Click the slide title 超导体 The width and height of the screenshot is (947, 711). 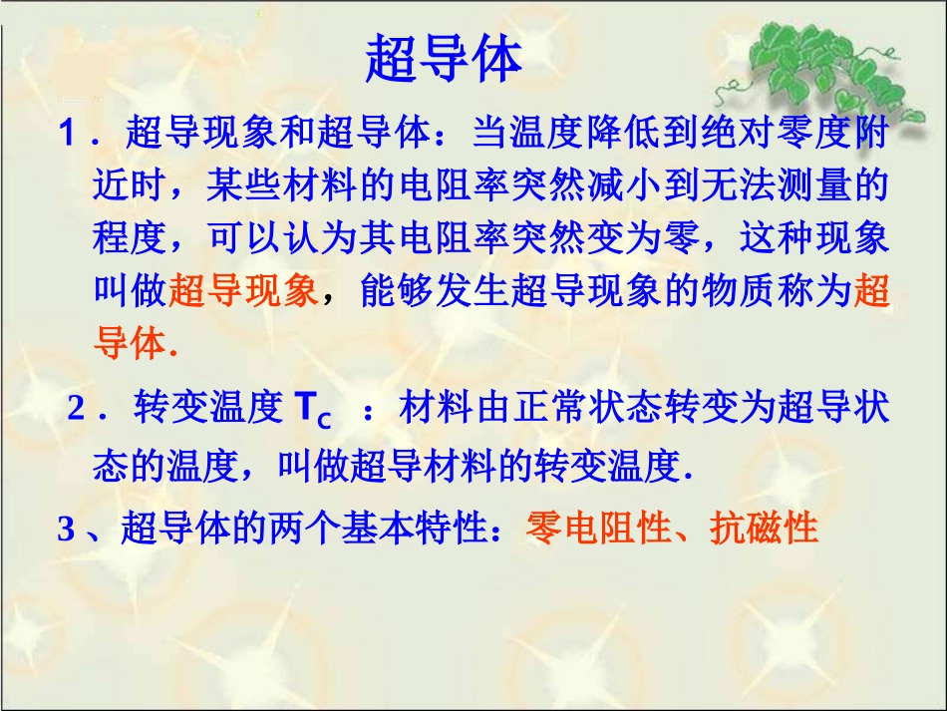click(445, 59)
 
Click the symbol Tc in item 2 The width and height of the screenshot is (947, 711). click(312, 410)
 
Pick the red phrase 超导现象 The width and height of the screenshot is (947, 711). click(243, 291)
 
